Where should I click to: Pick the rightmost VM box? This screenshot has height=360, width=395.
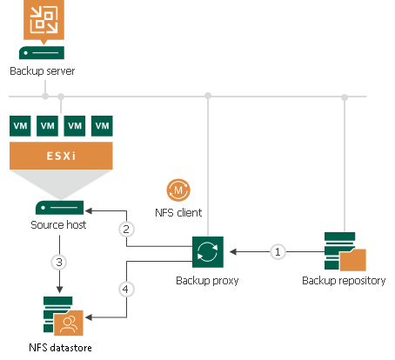(103, 125)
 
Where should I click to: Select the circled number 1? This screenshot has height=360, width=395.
(278, 251)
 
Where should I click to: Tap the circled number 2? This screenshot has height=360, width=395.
(126, 230)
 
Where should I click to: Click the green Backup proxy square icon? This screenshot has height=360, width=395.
(209, 251)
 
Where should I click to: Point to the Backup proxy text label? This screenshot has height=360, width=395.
(209, 281)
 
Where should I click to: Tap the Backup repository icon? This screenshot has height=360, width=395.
(344, 251)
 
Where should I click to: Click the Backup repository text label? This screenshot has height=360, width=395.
(344, 281)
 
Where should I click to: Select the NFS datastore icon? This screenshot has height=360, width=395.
(61, 317)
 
